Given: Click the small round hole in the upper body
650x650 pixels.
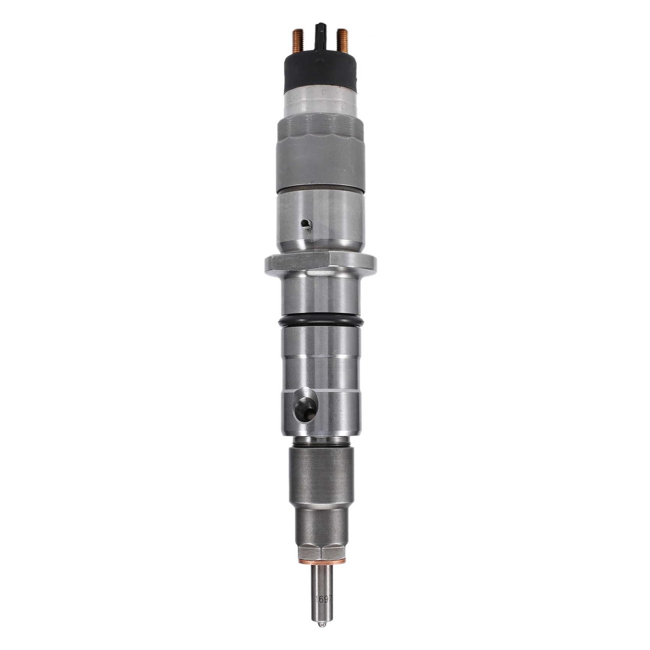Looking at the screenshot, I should click(x=306, y=224).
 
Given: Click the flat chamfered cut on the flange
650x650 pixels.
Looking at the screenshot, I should click(x=298, y=262).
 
